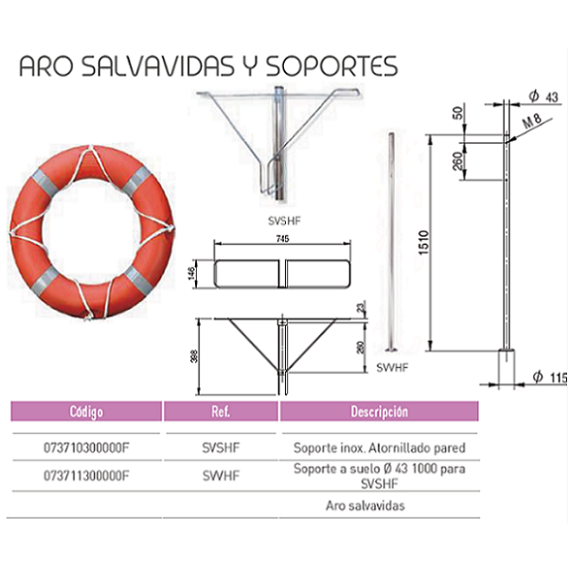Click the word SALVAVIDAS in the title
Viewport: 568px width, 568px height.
157,66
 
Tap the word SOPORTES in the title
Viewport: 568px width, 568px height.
332,66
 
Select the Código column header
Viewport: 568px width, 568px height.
86,412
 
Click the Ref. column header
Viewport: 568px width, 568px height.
221,412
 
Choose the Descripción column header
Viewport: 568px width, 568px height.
380,412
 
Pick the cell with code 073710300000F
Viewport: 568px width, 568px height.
86,448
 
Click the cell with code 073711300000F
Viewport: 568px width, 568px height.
86,475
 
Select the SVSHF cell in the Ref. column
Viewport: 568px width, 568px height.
221,448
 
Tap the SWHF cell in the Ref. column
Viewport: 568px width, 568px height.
221,475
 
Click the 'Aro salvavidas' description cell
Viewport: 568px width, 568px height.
365,506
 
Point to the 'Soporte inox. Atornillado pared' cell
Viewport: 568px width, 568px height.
380,448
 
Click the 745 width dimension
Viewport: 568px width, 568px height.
282,239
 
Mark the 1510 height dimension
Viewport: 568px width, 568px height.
424,242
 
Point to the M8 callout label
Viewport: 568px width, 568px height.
532,121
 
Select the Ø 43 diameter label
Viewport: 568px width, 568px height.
543,97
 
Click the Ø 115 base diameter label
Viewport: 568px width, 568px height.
549,378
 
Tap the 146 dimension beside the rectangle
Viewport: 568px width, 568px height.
192,274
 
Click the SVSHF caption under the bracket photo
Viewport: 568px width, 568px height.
284,221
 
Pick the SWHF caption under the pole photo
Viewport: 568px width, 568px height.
392,367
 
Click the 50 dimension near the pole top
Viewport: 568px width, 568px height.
458,113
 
